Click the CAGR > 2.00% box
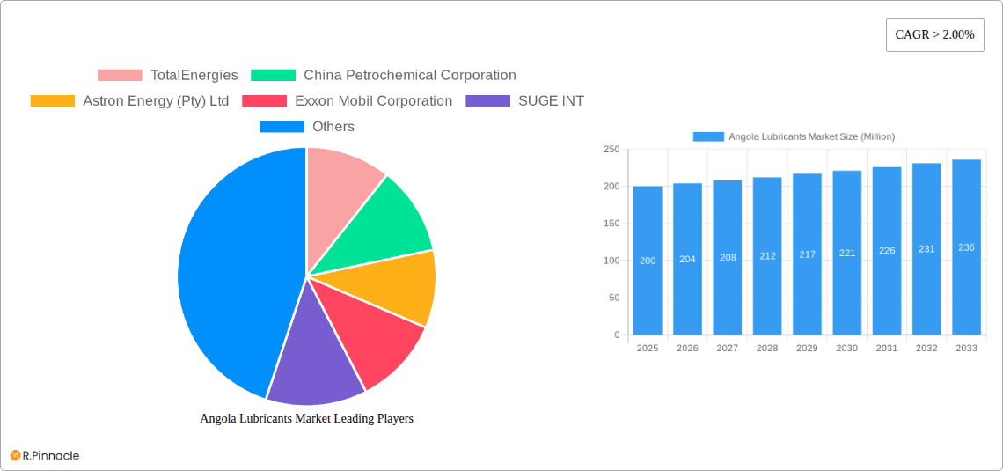(934, 34)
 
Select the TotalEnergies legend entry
(167, 76)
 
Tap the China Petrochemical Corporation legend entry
(384, 76)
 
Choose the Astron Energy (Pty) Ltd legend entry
(129, 101)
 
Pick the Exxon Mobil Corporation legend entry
(347, 101)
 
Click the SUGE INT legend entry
(524, 101)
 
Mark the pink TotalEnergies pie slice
(339, 180)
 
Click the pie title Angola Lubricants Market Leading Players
(307, 419)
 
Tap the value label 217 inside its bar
(807, 254)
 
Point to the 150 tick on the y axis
(611, 224)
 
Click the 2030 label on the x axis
(846, 349)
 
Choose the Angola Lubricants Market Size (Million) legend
(794, 136)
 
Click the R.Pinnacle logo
(45, 455)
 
